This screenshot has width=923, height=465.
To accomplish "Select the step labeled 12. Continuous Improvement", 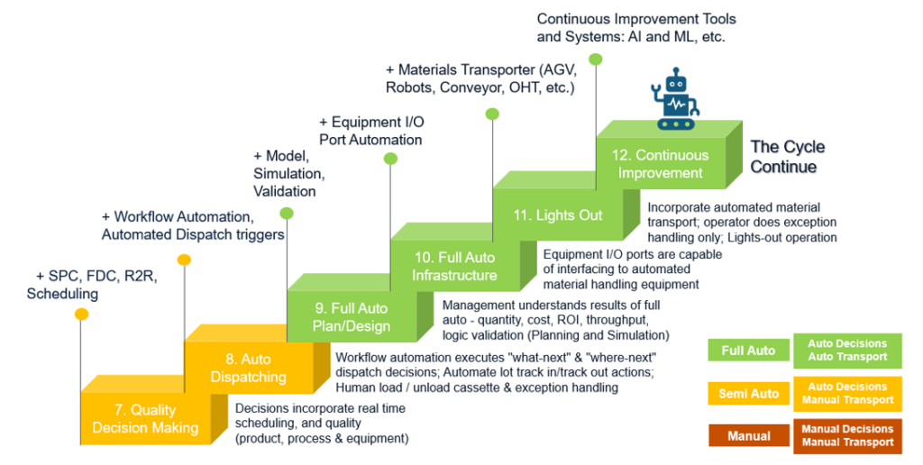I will [660, 164].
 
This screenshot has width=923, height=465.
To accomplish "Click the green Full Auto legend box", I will [747, 351].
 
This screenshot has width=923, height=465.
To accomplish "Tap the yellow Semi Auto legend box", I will [747, 394].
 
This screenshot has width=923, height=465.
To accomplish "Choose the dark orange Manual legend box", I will [747, 436].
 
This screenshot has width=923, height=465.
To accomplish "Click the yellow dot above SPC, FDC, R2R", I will [81, 315].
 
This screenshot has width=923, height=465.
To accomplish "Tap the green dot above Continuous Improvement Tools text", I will [595, 59].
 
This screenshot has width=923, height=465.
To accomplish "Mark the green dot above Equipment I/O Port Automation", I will [389, 159].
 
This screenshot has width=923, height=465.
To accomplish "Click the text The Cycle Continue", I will [788, 157].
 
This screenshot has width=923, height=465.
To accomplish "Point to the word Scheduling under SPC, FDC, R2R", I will [62, 294].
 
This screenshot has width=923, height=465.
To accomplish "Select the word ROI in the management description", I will [602, 320].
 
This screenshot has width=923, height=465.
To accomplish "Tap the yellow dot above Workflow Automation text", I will [184, 260].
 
